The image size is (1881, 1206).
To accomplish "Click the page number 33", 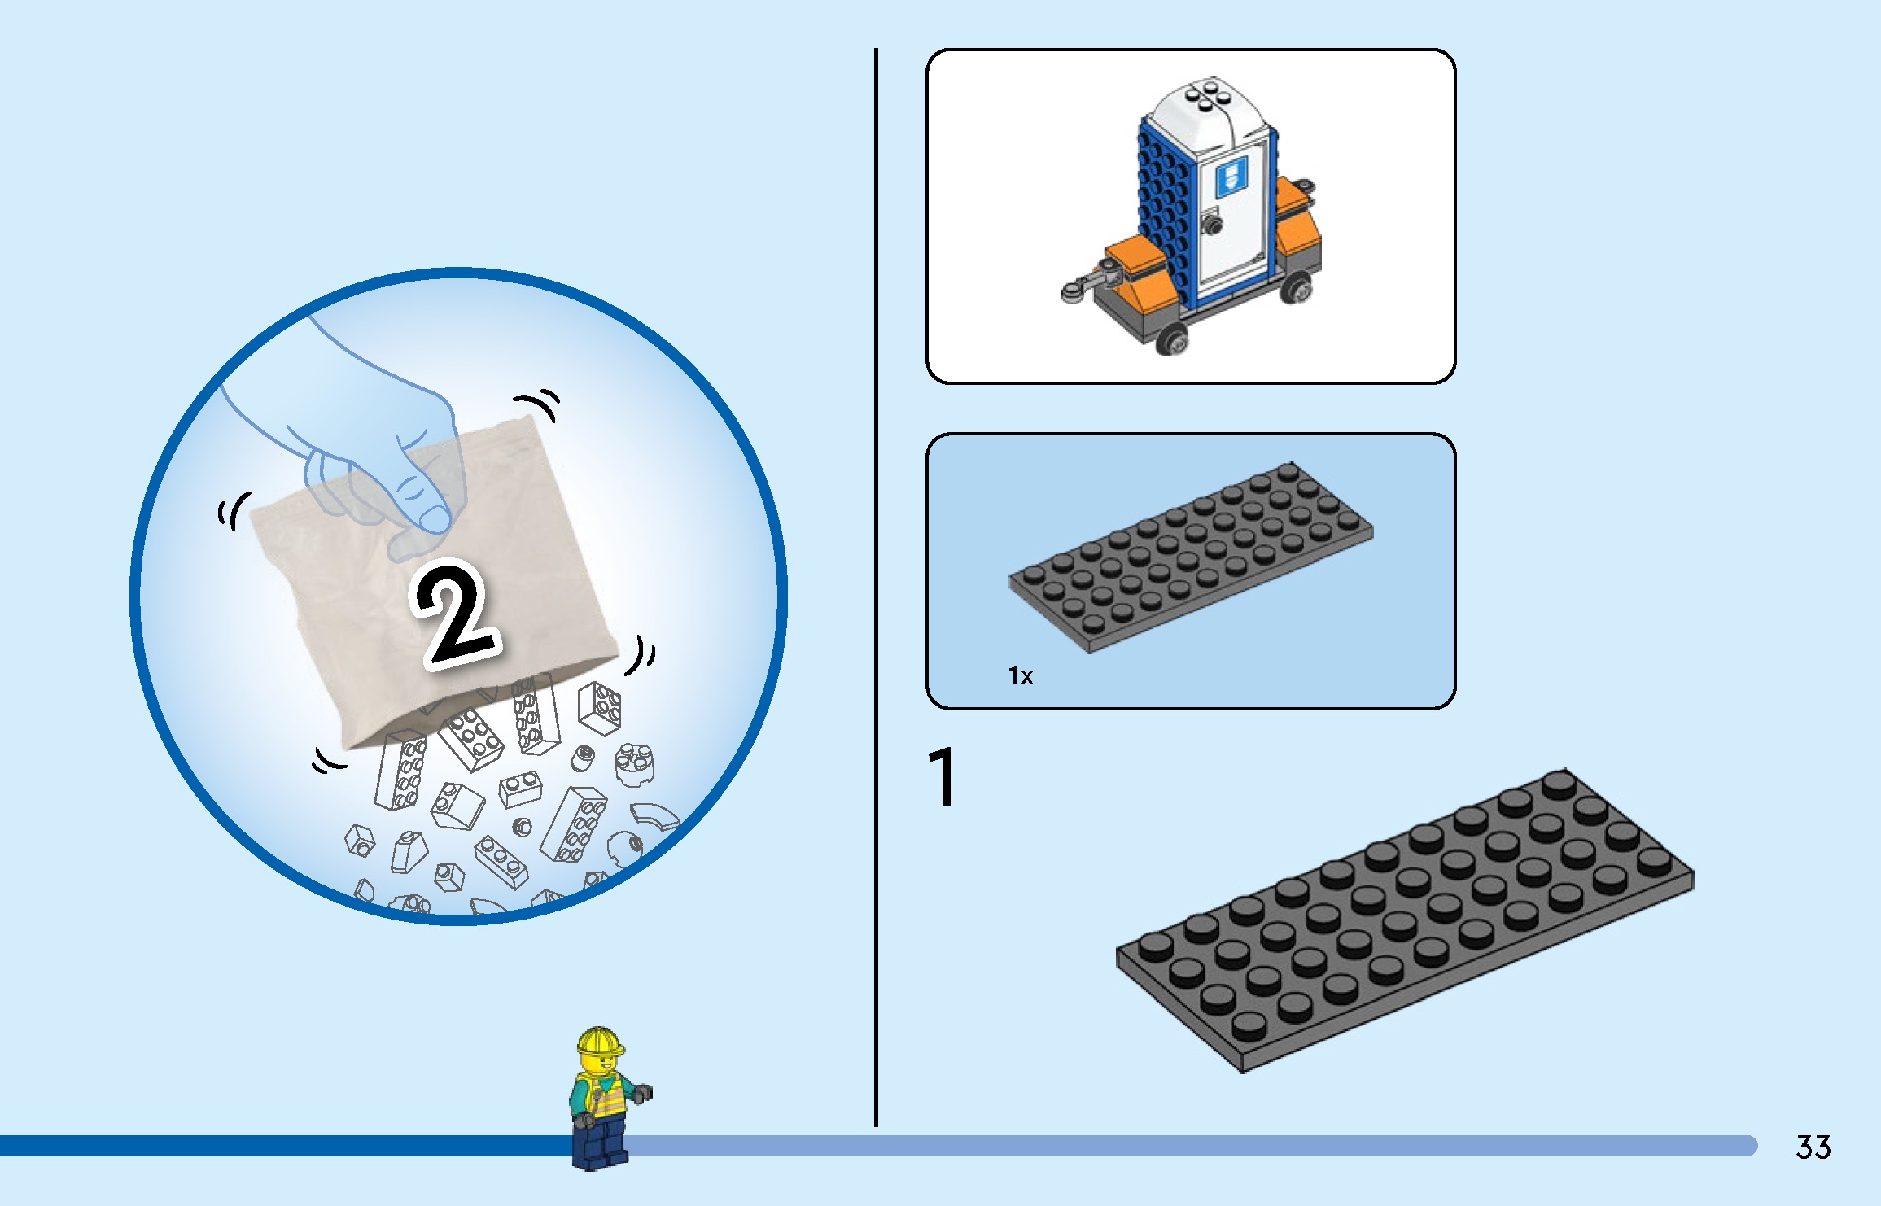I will (1813, 1147).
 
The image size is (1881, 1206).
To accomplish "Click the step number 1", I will (943, 778).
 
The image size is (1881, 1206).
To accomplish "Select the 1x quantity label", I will (1020, 676).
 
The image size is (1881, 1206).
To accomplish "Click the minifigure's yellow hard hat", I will (600, 1041).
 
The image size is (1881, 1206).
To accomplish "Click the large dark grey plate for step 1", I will (1404, 920).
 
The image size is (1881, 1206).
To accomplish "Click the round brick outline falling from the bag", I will (633, 763).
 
